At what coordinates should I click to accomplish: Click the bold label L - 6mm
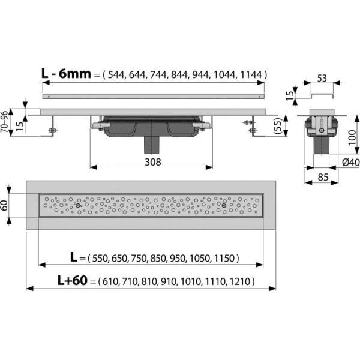[x=65, y=74]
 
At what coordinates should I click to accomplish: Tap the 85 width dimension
[x=322, y=178]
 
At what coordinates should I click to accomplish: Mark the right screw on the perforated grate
[x=224, y=206]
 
